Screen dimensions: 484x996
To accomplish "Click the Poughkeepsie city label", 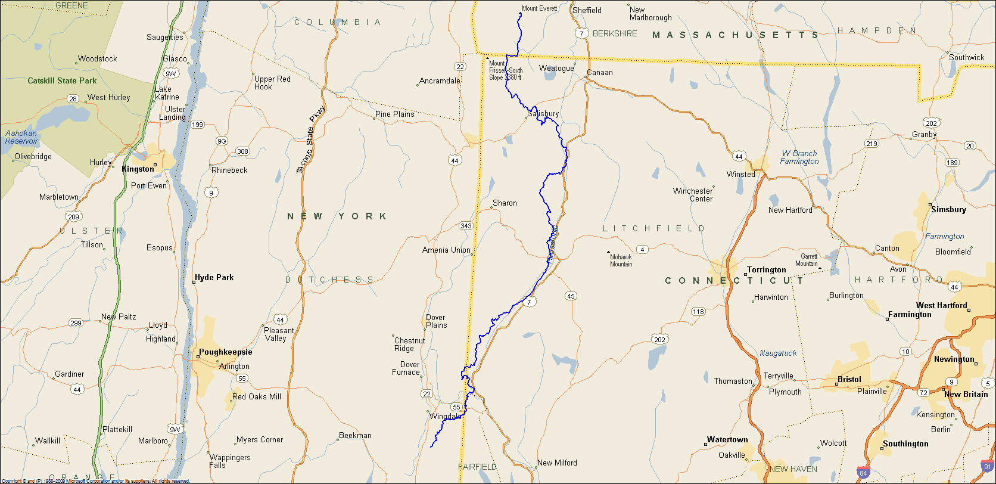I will coord(225,352).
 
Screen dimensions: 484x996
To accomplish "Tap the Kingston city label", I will coord(138,169).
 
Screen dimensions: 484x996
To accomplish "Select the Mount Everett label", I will coord(540,8).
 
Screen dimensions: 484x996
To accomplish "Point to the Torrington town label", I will coord(767,269).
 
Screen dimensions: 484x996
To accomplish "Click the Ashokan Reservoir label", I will coord(21,137).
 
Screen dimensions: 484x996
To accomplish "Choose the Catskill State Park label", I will coord(62,80).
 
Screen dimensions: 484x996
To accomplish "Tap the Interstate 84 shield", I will coord(863,473).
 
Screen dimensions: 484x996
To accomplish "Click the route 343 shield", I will coord(466,225).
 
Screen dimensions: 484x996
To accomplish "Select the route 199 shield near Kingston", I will coord(197,125).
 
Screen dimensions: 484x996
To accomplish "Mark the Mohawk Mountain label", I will coord(621,260).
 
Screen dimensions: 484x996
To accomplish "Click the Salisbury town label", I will coord(543,113).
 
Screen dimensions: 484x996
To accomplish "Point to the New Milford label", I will coord(557,463).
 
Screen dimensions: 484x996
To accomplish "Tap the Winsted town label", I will coord(740,174).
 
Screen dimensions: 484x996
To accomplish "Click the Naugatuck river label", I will coord(778,353).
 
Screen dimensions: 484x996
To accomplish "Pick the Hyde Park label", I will coord(214,277).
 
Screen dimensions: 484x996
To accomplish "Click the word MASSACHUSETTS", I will coord(736,35).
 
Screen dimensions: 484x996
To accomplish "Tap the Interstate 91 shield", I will coord(987,466).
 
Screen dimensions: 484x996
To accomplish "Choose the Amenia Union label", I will coord(446,250).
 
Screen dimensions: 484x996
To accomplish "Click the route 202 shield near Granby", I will coord(931,123).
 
